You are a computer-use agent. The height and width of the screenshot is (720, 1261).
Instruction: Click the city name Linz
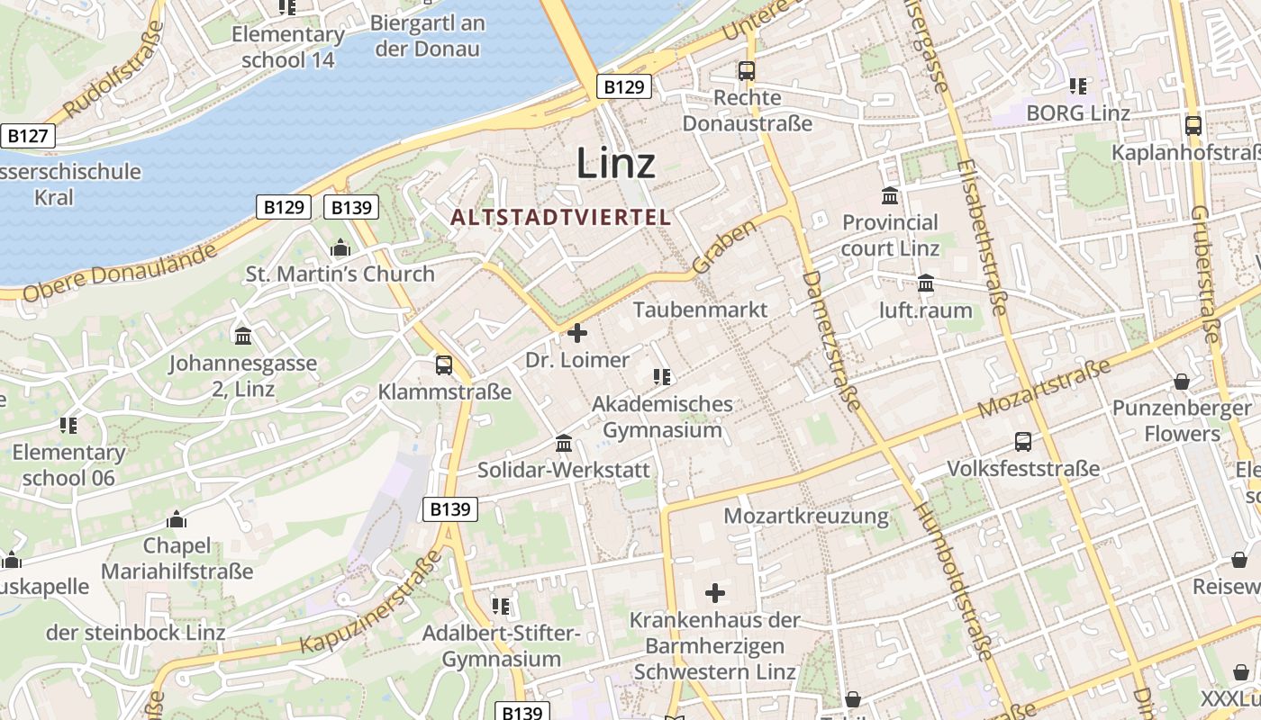(615, 163)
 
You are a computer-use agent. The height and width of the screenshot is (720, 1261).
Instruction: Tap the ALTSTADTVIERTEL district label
(561, 217)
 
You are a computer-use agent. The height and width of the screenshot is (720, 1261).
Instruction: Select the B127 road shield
(27, 136)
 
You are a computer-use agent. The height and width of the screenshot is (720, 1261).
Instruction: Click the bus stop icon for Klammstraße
(443, 364)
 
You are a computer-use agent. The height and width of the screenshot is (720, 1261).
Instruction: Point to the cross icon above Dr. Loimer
(577, 333)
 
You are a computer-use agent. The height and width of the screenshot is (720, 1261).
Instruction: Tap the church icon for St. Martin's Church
(340, 247)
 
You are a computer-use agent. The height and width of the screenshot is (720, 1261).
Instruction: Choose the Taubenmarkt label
(700, 310)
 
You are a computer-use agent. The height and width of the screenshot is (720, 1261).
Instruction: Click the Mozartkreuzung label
(806, 517)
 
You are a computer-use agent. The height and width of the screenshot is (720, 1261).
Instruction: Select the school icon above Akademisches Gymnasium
(662, 376)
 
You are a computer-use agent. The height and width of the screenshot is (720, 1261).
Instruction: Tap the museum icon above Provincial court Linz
(890, 195)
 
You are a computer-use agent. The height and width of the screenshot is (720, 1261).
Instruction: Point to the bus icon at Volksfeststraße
(1023, 441)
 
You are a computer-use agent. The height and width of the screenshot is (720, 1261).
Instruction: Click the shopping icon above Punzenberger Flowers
(1181, 382)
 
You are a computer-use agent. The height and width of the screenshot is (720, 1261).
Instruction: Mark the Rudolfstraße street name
(114, 69)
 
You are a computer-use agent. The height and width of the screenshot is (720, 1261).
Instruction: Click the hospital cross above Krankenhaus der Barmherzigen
(715, 593)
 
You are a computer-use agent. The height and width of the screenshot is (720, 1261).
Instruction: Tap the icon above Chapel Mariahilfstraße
(177, 519)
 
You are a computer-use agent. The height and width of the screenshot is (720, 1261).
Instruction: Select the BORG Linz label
(1078, 113)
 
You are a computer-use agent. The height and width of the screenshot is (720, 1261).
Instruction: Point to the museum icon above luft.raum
(926, 284)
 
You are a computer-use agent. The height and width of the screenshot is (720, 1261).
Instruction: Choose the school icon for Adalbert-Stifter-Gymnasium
(501, 606)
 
